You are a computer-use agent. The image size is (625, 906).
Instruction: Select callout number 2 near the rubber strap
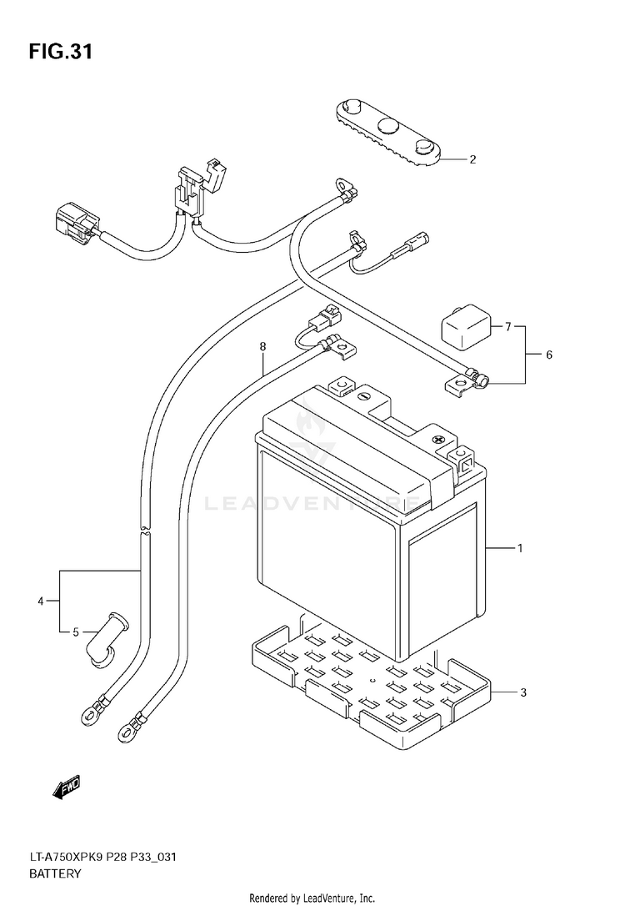click(472, 159)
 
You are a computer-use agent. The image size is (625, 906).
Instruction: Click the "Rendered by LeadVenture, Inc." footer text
click(312, 898)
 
